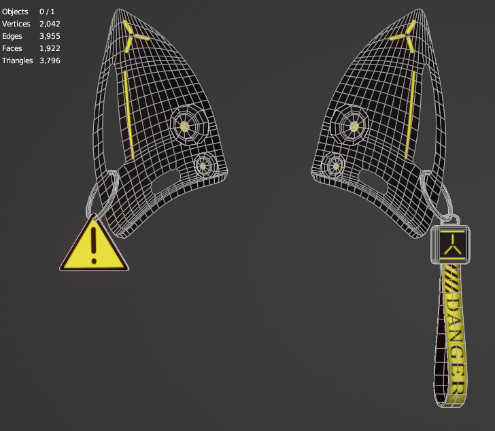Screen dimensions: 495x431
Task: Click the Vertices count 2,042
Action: [50, 24]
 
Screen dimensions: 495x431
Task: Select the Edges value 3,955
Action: [50, 36]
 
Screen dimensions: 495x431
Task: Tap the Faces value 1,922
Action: [50, 48]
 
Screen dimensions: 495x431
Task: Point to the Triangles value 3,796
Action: [50, 61]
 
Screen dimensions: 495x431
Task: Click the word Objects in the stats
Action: [15, 12]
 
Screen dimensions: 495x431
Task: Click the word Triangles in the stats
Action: [18, 61]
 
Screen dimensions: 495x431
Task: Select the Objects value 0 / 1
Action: [47, 12]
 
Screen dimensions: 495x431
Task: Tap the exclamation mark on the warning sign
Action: [93, 245]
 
